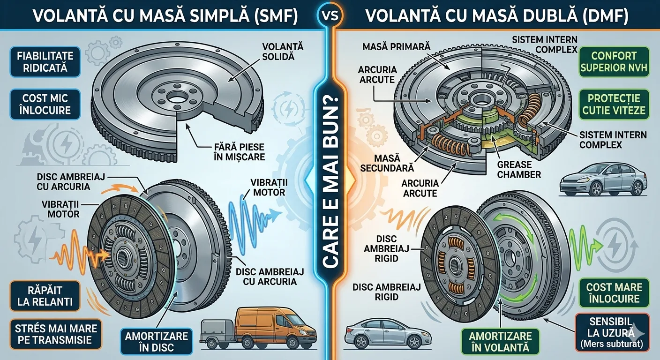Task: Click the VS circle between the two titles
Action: (x=330, y=15)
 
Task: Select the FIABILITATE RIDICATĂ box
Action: (x=45, y=62)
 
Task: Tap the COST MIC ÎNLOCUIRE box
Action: (x=45, y=104)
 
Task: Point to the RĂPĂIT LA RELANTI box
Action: (x=45, y=296)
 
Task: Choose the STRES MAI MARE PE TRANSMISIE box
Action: (x=56, y=334)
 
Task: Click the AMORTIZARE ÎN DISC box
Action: (x=157, y=342)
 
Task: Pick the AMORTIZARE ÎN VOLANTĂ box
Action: (x=500, y=342)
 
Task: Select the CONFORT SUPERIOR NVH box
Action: (x=614, y=62)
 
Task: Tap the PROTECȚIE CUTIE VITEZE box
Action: (x=614, y=104)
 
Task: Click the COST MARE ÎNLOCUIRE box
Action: (x=614, y=293)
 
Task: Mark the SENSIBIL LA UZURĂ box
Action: (x=612, y=333)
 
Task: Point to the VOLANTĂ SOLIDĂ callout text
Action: (x=278, y=52)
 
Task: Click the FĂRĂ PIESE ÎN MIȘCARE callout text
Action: (x=239, y=152)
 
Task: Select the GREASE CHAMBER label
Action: (x=519, y=169)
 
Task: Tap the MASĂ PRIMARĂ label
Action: (x=396, y=46)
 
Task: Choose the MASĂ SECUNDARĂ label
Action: (x=387, y=163)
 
